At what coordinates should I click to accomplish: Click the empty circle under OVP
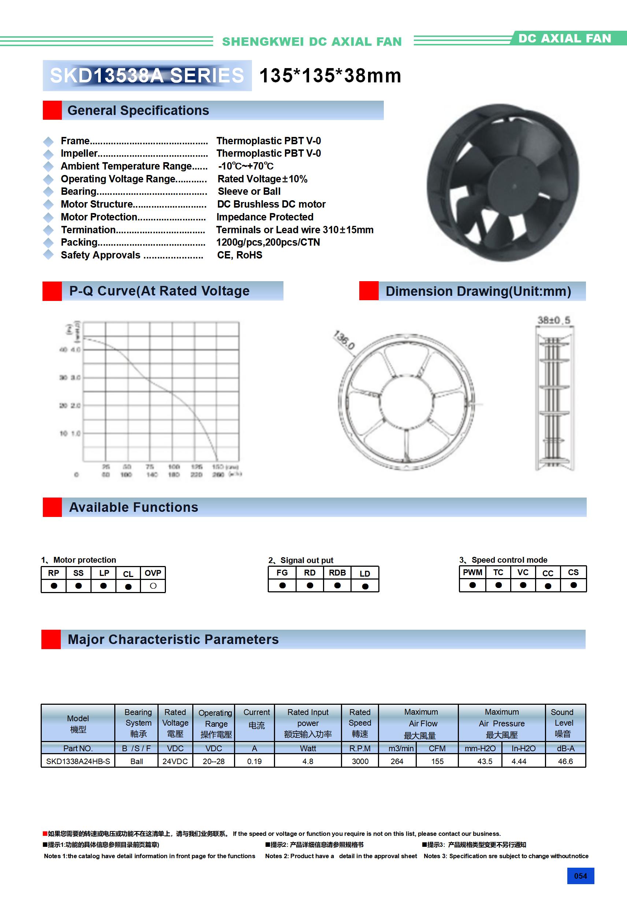click(x=153, y=586)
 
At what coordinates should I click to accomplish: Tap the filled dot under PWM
click(x=472, y=585)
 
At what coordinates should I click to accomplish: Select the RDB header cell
click(x=337, y=573)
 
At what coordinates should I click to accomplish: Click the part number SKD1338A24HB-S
click(x=78, y=761)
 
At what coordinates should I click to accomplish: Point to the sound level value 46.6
click(x=565, y=761)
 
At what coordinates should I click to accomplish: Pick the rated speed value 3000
click(x=360, y=761)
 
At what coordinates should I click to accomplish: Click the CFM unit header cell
click(x=437, y=748)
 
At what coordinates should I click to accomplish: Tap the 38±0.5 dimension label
click(x=554, y=320)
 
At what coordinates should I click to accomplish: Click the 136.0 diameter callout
click(x=344, y=340)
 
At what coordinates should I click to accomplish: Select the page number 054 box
click(x=580, y=876)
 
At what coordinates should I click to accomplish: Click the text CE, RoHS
click(x=240, y=255)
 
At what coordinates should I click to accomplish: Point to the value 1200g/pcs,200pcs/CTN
click(x=268, y=242)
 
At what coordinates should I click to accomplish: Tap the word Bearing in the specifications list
click(x=79, y=191)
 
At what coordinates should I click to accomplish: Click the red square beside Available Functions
click(x=52, y=507)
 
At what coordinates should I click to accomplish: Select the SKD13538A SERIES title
click(x=147, y=76)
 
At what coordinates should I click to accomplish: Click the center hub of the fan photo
click(x=514, y=187)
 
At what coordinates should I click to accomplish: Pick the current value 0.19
click(x=255, y=761)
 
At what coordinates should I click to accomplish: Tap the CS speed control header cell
click(x=573, y=573)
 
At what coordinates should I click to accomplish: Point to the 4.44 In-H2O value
click(x=519, y=761)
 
